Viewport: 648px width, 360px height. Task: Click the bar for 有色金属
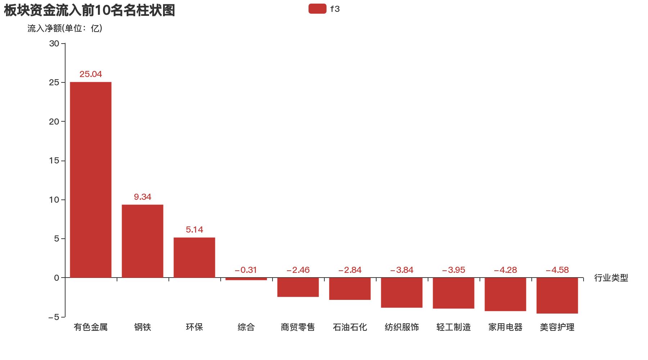click(91, 180)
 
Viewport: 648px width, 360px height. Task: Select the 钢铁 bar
click(143, 241)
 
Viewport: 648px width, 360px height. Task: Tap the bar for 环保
click(194, 257)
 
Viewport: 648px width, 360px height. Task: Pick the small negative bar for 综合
click(246, 279)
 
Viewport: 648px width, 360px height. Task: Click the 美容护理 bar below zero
click(557, 296)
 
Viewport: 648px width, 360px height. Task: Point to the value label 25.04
click(91, 74)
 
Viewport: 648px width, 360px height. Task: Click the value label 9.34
click(143, 197)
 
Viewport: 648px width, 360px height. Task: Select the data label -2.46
click(298, 270)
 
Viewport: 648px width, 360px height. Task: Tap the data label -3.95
click(454, 270)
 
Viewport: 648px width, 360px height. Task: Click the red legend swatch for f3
click(317, 9)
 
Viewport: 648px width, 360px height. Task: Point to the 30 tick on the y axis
click(54, 44)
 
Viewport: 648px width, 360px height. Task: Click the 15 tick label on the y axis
click(54, 161)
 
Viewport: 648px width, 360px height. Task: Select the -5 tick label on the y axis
click(54, 317)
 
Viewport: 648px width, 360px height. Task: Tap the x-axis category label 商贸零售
click(298, 327)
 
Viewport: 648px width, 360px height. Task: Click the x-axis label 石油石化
click(350, 327)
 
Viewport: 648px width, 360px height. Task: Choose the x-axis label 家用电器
click(505, 327)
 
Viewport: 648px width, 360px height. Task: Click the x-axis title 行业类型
click(611, 278)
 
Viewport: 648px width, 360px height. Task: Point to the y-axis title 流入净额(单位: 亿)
click(65, 28)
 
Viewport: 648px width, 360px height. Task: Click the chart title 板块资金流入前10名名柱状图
click(89, 10)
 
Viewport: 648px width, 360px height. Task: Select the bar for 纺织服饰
click(402, 293)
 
